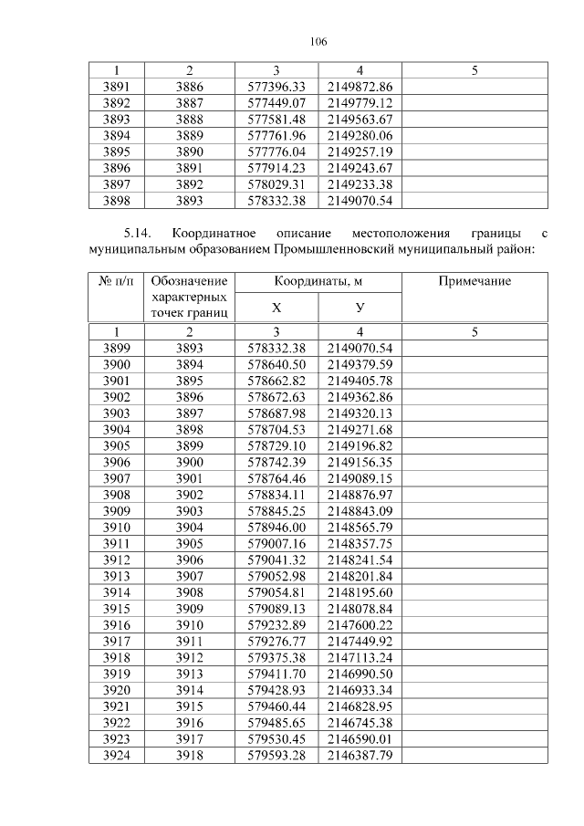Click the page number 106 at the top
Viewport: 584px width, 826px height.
(318, 42)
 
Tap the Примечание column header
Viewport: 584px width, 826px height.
(474, 282)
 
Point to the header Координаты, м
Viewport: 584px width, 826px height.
(318, 282)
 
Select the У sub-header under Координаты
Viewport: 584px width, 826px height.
(360, 308)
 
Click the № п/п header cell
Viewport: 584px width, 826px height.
(116, 282)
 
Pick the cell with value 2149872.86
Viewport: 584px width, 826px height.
(360, 86)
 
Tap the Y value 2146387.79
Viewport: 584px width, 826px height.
(360, 757)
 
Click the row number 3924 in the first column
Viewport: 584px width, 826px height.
(116, 757)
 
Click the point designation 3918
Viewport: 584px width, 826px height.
(190, 757)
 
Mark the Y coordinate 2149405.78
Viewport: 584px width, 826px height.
(360, 381)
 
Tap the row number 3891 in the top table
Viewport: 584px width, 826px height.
(116, 86)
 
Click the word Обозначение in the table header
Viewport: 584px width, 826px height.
(190, 282)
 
